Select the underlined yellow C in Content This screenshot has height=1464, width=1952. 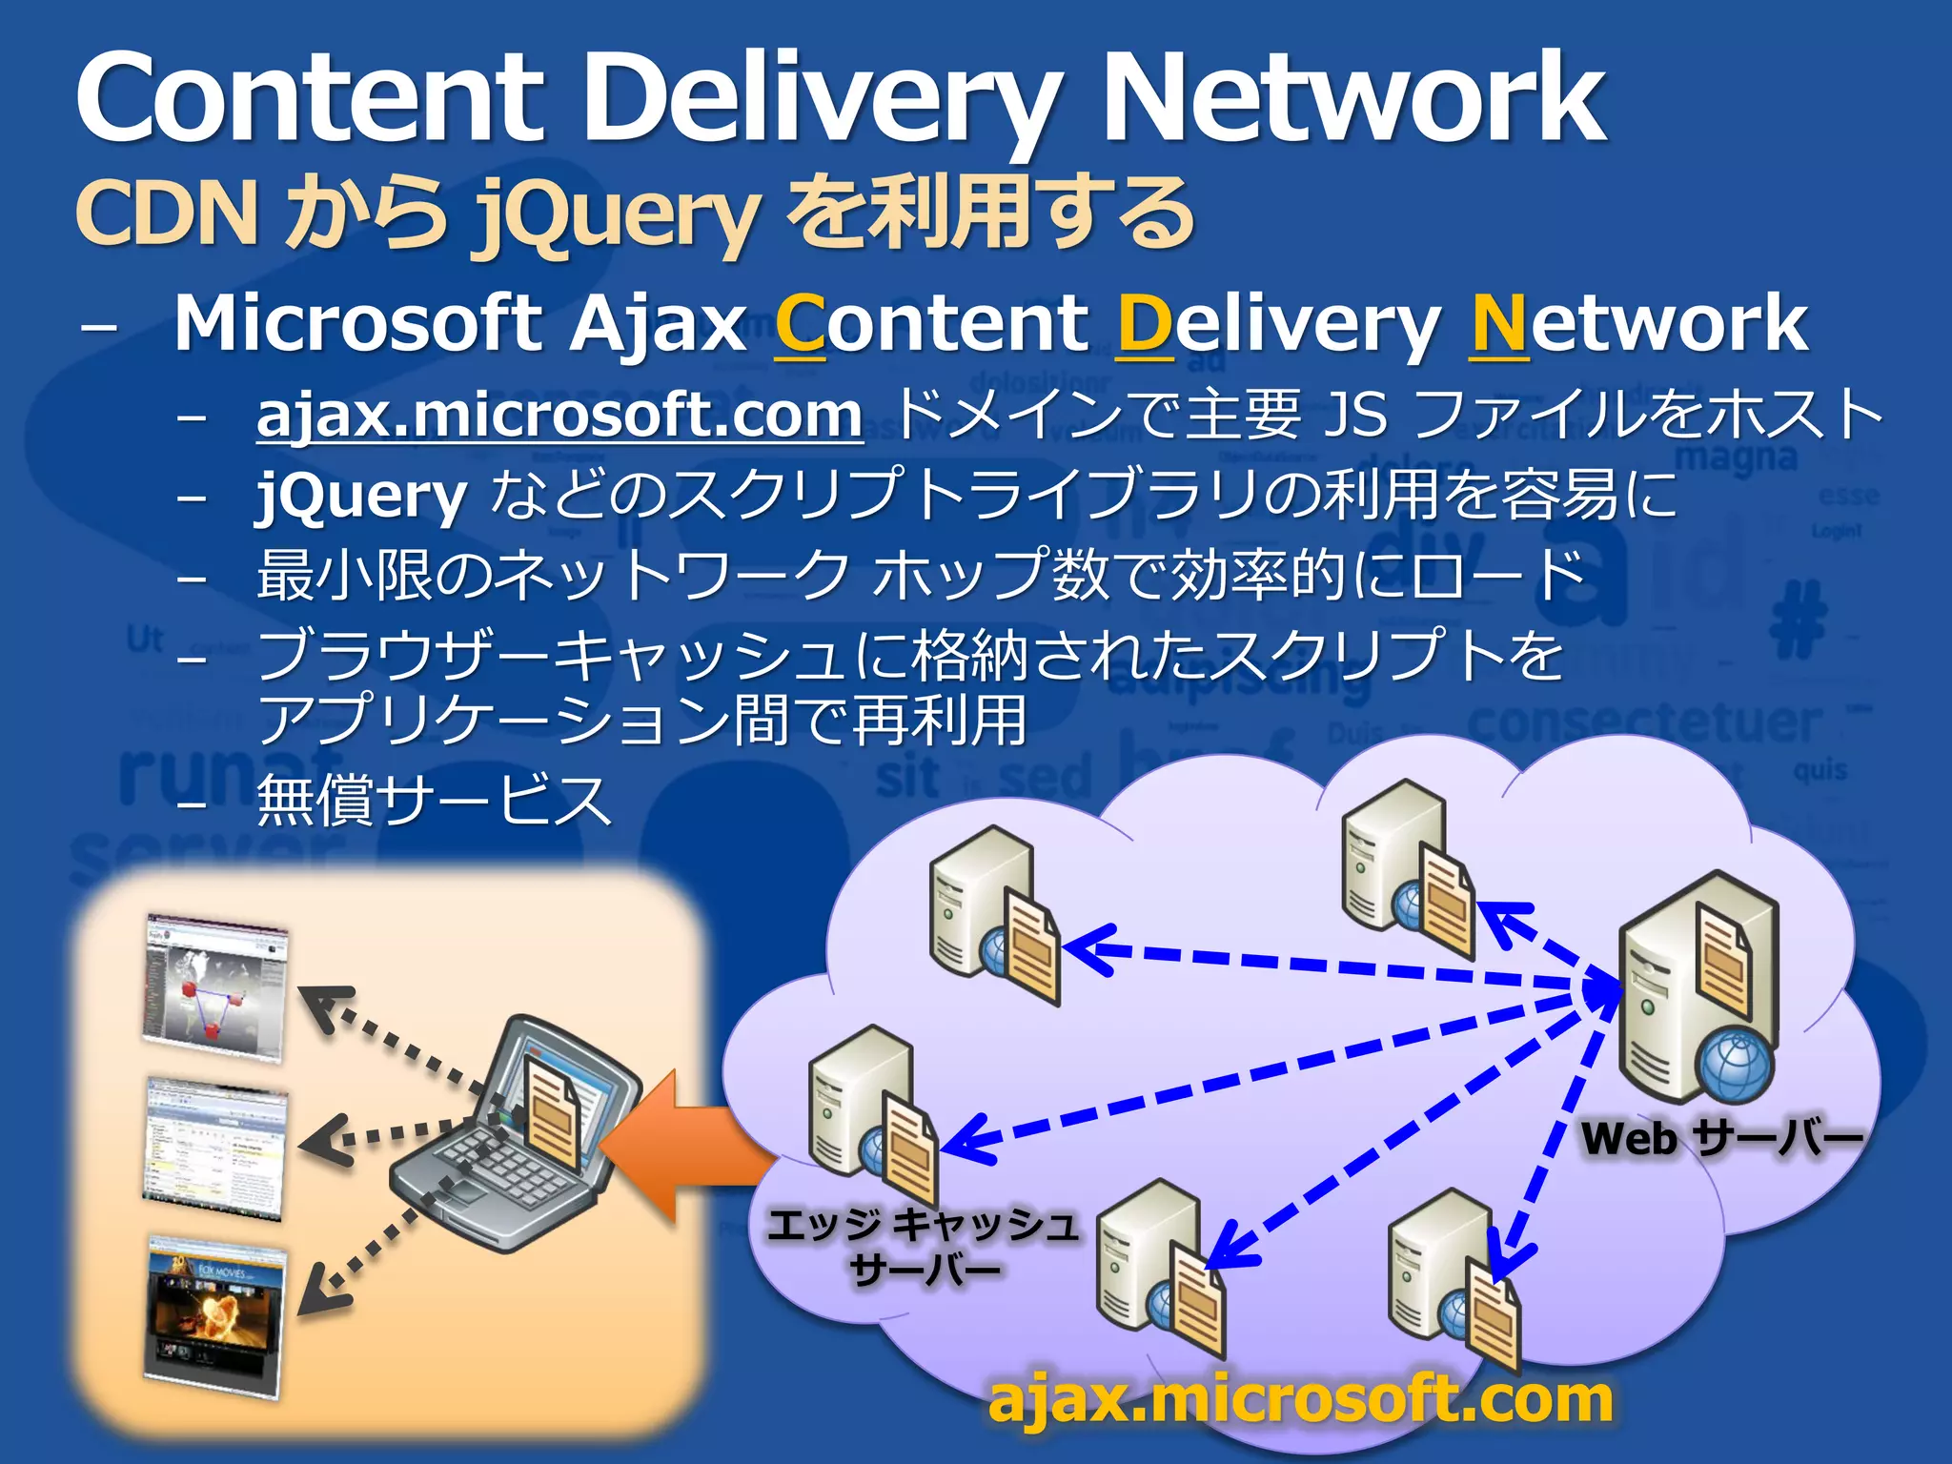click(800, 326)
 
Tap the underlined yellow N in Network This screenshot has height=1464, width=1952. click(1498, 326)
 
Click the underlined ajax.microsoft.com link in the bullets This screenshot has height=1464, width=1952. click(559, 416)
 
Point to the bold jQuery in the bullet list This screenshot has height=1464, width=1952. click(361, 497)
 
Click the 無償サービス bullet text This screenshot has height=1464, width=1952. click(434, 801)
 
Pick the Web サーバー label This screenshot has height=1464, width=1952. click(1721, 1138)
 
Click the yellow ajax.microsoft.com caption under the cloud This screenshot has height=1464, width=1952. click(1300, 1399)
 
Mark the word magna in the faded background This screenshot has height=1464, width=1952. click(1736, 457)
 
